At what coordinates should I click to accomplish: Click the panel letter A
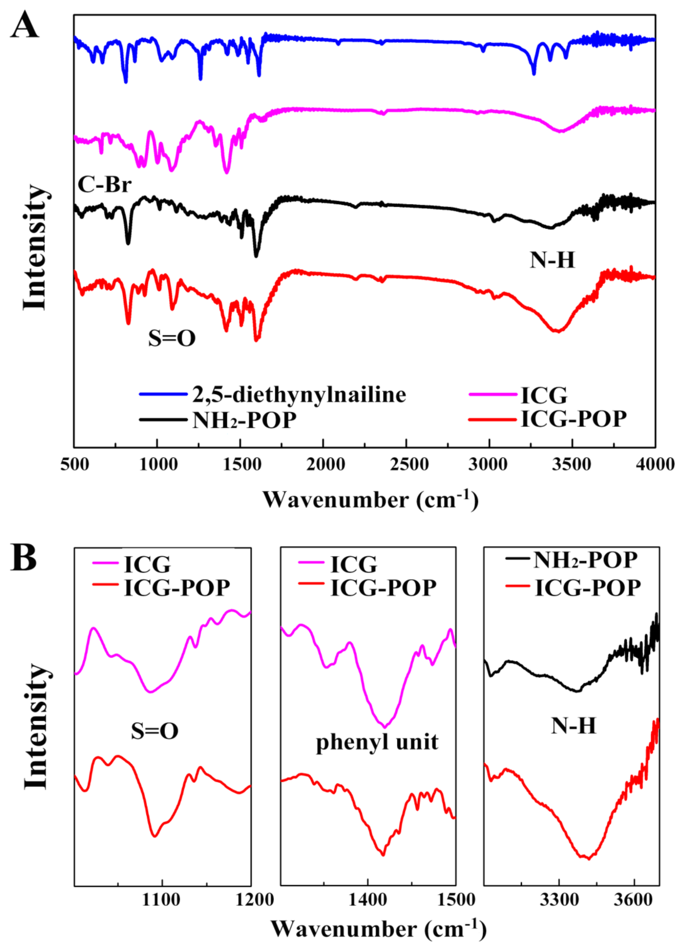click(24, 25)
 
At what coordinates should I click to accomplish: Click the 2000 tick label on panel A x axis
click(325, 464)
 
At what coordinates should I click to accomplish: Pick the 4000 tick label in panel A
click(655, 464)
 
